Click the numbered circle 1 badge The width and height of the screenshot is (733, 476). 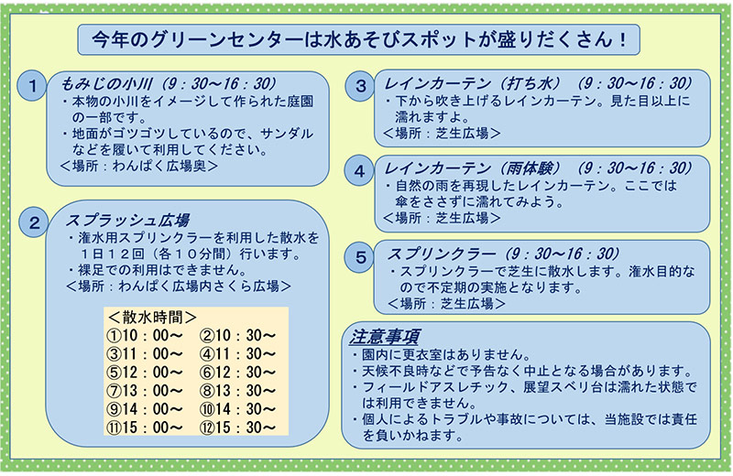click(x=32, y=86)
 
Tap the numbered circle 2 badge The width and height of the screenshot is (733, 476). click(x=34, y=222)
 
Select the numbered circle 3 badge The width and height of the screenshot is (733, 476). click(x=360, y=86)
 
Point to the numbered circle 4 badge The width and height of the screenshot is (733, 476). click(x=359, y=171)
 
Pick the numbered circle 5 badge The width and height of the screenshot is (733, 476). click(x=360, y=257)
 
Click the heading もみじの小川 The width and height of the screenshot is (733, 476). click(x=106, y=84)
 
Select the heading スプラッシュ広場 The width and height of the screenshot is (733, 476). click(x=127, y=220)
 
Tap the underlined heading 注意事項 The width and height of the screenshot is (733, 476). click(x=384, y=336)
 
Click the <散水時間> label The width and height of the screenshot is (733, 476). click(x=152, y=317)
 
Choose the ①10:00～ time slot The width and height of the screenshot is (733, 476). click(x=145, y=335)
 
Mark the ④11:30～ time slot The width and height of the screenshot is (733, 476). click(x=238, y=353)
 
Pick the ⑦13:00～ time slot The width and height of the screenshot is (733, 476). click(x=145, y=391)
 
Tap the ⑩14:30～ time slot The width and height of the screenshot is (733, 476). click(x=238, y=409)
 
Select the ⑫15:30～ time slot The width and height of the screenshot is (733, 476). click(x=238, y=427)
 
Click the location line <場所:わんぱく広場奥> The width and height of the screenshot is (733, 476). click(x=139, y=166)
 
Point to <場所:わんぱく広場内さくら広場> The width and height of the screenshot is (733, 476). click(x=179, y=286)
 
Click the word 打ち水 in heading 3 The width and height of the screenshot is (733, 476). click(x=530, y=83)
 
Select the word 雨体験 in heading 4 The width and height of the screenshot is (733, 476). click(x=530, y=168)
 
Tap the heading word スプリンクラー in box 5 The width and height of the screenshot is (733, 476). click(x=442, y=254)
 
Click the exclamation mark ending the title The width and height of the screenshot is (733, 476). click(x=622, y=39)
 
